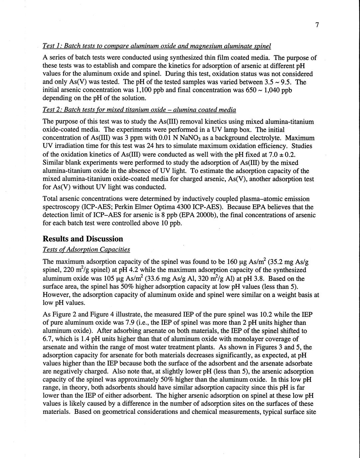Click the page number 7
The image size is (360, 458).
coord(317,25)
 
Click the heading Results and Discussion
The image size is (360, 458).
coord(83,239)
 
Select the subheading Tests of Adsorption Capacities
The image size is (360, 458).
coord(86,249)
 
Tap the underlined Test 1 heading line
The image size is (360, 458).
coord(157,45)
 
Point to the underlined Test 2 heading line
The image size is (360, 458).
coord(139,110)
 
